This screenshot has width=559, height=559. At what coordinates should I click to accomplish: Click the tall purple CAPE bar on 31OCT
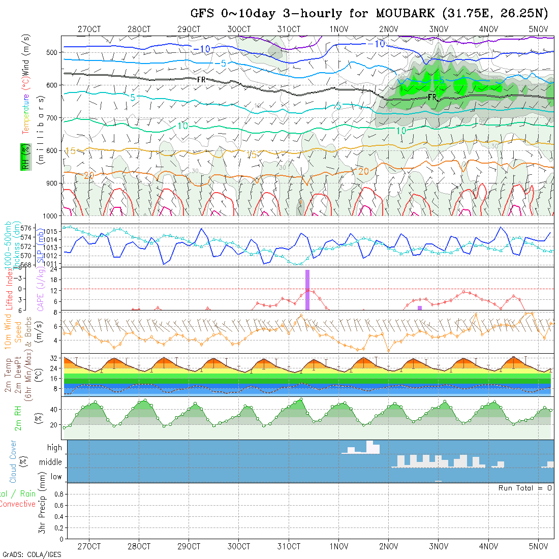click(x=307, y=290)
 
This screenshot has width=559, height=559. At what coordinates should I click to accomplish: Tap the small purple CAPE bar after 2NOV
click(x=420, y=308)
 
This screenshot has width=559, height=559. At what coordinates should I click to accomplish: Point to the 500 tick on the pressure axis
click(x=54, y=52)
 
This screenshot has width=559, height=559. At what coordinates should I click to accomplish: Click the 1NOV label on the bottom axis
click(x=338, y=546)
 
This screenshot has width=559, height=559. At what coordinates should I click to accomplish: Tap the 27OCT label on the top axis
click(x=89, y=29)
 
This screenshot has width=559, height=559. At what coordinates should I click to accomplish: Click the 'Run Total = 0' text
click(x=525, y=488)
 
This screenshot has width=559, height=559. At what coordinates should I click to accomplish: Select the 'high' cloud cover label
click(x=54, y=448)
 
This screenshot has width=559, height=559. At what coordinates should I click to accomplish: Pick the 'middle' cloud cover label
click(x=51, y=462)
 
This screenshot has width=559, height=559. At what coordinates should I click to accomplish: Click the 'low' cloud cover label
click(x=56, y=477)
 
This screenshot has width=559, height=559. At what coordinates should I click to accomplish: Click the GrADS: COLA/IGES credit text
click(x=32, y=554)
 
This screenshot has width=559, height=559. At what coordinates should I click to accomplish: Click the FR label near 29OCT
click(x=201, y=79)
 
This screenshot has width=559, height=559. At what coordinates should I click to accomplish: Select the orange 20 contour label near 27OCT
click(x=89, y=175)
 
